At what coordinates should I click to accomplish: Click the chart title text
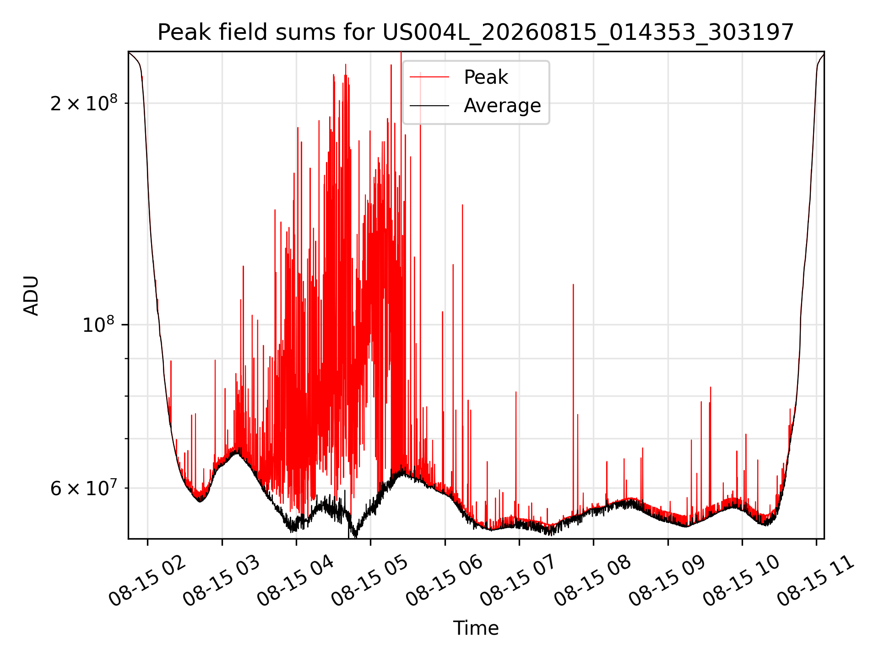(476, 32)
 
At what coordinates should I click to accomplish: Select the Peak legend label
(486, 77)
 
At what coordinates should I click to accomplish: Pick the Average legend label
(502, 106)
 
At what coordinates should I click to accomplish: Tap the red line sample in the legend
(429, 77)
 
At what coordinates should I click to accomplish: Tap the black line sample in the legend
(429, 106)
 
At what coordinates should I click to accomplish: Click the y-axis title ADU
(31, 295)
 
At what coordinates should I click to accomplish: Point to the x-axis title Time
(476, 628)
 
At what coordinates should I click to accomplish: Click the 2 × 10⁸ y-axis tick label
(84, 103)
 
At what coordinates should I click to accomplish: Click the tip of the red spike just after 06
(462, 205)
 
